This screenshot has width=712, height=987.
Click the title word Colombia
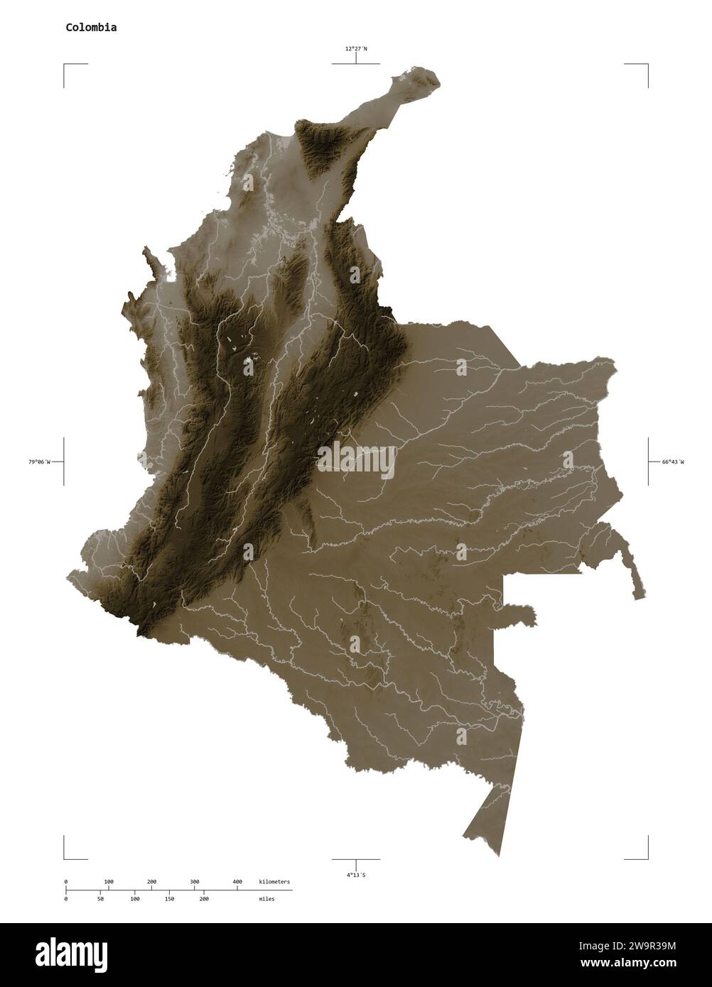[92, 28]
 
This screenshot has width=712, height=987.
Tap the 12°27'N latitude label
[356, 49]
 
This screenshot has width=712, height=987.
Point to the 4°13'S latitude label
[356, 875]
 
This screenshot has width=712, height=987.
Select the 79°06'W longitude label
[39, 462]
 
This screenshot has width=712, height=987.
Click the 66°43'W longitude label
[673, 462]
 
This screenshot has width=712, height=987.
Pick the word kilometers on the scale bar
[274, 881]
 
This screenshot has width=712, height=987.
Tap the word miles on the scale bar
[266, 898]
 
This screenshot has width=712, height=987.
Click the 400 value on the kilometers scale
[237, 881]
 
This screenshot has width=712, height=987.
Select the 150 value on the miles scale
[169, 898]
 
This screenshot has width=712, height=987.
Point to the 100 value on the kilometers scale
[109, 881]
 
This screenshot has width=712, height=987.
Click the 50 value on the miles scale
[100, 898]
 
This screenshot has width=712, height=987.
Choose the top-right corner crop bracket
[647, 65]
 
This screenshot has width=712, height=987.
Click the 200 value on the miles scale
[204, 898]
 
